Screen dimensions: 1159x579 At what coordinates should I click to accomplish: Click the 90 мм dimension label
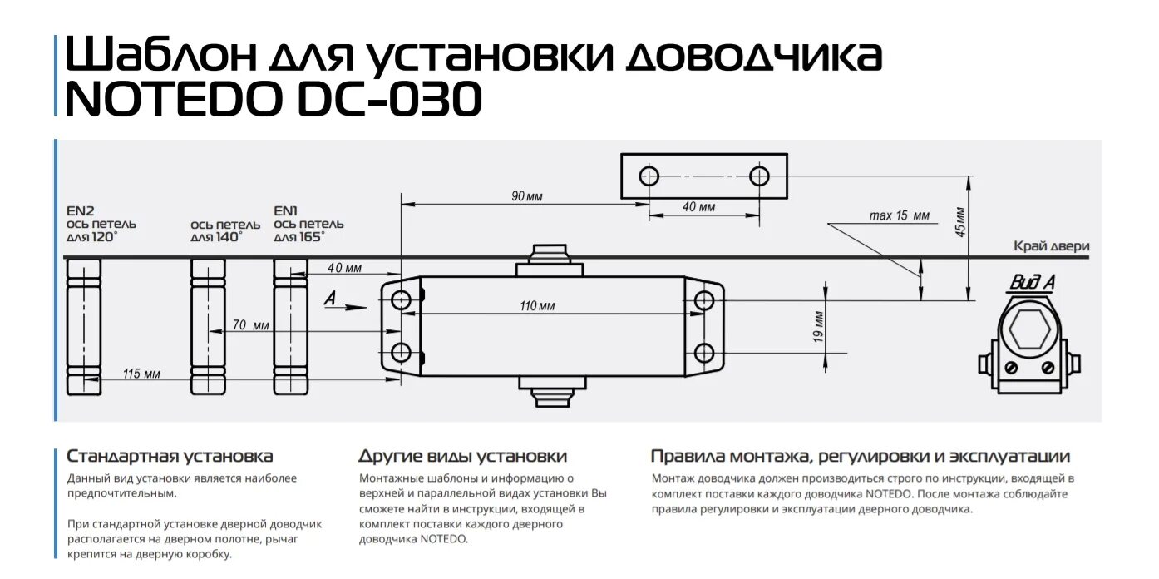(x=526, y=196)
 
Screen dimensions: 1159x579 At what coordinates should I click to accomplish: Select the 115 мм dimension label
(x=141, y=374)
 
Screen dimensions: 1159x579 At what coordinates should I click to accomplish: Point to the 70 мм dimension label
(x=250, y=325)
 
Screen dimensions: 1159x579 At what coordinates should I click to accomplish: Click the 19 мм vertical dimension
(x=818, y=324)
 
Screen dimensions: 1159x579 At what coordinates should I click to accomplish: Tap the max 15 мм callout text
(x=899, y=216)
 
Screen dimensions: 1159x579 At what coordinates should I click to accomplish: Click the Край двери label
(x=1051, y=246)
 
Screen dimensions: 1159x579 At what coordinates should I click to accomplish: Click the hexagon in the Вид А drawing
(x=1029, y=329)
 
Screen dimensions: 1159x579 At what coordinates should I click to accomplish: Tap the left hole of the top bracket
(x=649, y=176)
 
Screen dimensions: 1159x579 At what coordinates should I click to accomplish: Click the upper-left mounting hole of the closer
(x=402, y=300)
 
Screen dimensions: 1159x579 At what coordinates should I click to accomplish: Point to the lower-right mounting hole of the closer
(x=703, y=353)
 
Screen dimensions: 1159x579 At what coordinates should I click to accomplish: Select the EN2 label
(x=81, y=211)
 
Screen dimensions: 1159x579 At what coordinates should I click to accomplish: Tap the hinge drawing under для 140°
(x=208, y=326)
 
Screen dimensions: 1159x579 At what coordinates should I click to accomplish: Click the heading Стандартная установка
(x=170, y=457)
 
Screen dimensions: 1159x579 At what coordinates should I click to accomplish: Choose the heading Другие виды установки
(x=462, y=457)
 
